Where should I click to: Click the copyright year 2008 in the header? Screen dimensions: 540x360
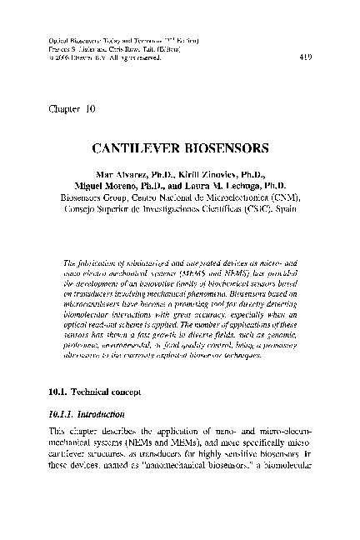pos(56,57)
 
